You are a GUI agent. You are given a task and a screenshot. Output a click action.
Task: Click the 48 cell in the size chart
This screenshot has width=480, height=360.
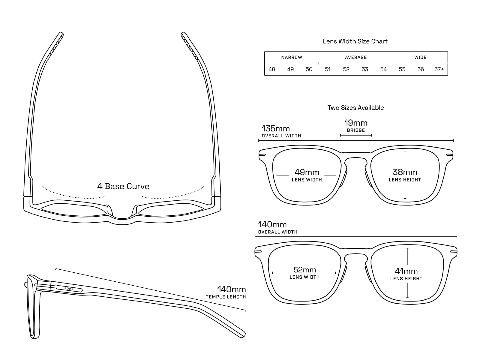272,69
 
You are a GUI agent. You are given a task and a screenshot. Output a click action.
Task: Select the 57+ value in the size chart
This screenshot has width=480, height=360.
439,69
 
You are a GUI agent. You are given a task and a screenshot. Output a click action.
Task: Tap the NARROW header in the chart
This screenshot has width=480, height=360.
292,57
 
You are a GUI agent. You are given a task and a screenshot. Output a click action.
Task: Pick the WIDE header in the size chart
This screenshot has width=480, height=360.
420,57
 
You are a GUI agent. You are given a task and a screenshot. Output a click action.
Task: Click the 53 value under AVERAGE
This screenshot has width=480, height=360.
365,69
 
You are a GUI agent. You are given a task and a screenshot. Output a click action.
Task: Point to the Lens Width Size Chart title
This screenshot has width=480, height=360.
355,41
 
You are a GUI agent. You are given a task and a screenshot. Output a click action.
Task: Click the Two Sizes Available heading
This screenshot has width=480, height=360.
355,108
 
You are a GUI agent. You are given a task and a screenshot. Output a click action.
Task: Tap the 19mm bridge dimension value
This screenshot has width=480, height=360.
356,123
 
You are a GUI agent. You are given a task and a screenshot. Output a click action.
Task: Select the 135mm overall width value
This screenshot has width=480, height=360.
276,129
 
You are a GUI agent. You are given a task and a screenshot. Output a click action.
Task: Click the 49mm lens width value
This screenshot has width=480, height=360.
307,172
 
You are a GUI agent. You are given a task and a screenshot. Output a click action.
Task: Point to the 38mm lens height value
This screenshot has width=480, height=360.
405,172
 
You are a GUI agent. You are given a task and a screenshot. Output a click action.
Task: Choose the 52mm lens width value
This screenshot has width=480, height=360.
304,270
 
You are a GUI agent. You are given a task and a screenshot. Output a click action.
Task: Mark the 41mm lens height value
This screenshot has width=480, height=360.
406,271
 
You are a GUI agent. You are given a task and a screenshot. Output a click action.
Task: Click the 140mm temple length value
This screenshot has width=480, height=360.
232,289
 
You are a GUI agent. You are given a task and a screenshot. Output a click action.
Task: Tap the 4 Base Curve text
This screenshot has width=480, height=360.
123,186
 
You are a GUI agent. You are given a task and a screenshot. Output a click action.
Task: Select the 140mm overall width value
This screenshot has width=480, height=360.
272,225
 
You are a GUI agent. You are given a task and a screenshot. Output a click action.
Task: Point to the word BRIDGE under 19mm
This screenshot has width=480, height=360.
356,130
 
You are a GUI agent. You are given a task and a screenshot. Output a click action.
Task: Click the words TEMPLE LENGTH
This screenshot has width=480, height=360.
226,297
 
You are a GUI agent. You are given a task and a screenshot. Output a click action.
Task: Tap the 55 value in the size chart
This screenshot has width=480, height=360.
402,69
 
